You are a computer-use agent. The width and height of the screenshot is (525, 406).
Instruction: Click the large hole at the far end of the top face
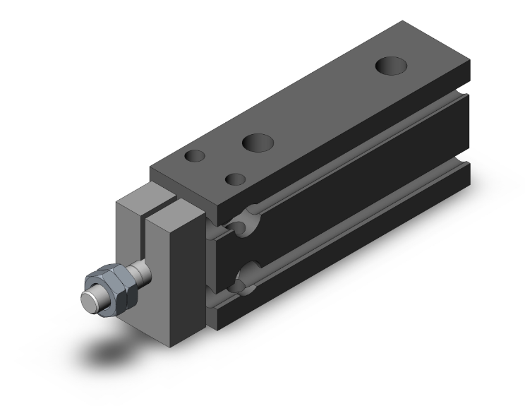click(391, 66)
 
